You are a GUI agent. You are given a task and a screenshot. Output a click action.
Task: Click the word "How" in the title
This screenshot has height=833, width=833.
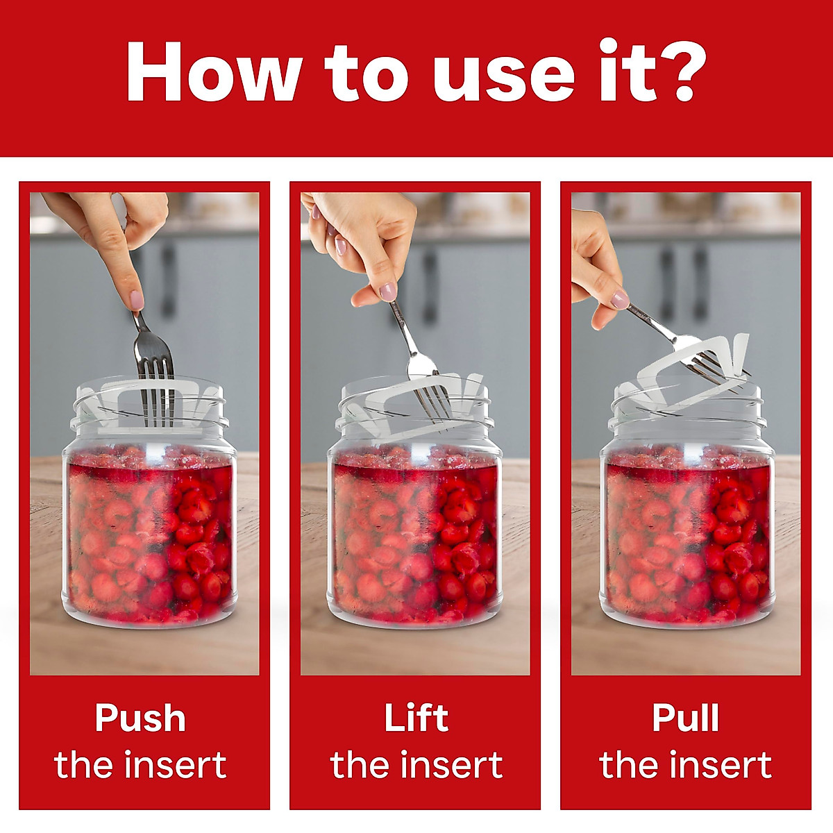[x=212, y=73]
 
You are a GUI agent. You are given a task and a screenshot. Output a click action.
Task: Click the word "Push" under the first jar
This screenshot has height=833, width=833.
[x=140, y=718]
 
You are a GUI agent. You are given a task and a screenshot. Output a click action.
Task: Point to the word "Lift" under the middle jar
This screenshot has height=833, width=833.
[x=416, y=718]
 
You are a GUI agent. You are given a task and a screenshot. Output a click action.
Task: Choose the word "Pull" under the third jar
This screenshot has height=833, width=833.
[x=685, y=718]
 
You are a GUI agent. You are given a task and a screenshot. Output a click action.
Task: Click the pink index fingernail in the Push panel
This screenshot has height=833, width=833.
[x=137, y=300]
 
